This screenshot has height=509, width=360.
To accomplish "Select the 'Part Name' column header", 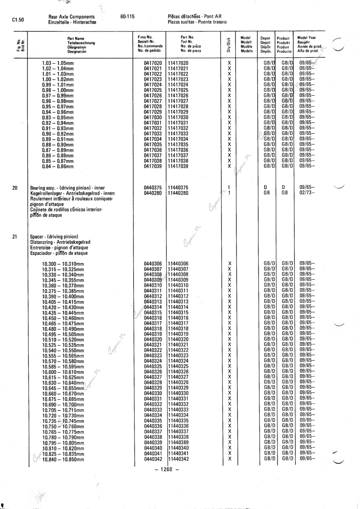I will pyautogui.click(x=76, y=38).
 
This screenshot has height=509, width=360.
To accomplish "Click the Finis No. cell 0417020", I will pyautogui.click(x=153, y=63).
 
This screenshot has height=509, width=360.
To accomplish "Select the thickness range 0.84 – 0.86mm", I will pyautogui.click(x=57, y=166).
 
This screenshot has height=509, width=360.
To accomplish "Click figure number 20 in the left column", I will pyautogui.click(x=15, y=188).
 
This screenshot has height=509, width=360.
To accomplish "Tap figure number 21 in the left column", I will pyautogui.click(x=15, y=237).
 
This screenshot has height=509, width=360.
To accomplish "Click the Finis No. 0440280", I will pyautogui.click(x=153, y=193).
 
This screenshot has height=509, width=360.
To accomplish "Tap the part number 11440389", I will pyautogui.click(x=178, y=442).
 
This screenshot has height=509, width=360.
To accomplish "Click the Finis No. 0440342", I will pyautogui.click(x=153, y=459).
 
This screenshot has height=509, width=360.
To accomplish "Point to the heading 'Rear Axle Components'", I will pyautogui.click(x=71, y=17).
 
